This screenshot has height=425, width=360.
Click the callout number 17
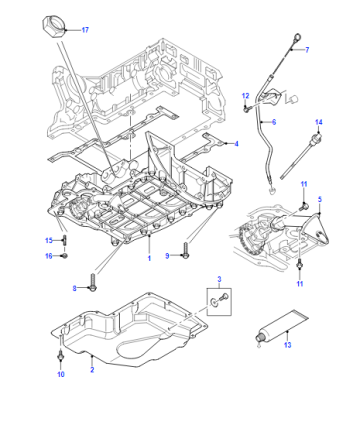[85, 30]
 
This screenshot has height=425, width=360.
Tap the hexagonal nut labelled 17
[54, 27]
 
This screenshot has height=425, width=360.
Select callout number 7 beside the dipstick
[307, 50]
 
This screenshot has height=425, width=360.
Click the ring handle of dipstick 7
[297, 36]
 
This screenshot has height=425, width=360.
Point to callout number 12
[245, 96]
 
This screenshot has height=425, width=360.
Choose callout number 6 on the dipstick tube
[274, 122]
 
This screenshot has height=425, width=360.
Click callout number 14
[319, 122]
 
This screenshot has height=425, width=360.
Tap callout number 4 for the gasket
[237, 144]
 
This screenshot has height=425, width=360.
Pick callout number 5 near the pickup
[320, 199]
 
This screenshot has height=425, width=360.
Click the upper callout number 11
[304, 184]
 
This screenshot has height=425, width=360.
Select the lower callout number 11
[300, 284]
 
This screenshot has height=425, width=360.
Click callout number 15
[49, 240]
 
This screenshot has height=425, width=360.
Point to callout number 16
[49, 256]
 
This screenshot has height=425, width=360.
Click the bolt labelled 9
[186, 251]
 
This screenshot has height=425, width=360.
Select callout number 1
[149, 258]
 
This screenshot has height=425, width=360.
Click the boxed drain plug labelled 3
[219, 302]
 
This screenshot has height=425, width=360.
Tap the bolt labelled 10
[60, 355]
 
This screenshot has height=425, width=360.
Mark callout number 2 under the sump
[92, 369]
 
